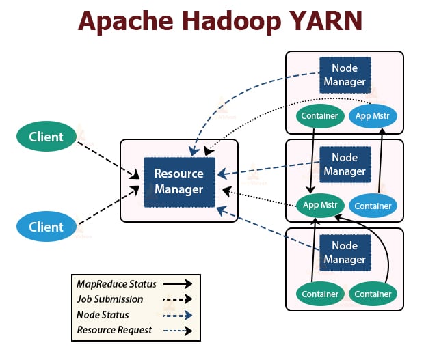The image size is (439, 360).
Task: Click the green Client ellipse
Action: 46,137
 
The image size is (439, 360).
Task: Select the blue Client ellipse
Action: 46,227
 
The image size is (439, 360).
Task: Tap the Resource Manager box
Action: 178,182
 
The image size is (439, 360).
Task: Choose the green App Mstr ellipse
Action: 319,204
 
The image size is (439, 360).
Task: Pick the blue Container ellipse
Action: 373,205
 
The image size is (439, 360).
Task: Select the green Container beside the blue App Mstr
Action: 319,115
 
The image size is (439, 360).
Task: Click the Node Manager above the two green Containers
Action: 344,253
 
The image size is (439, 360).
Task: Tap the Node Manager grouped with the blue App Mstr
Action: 344,75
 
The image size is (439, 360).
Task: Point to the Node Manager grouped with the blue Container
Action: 344,165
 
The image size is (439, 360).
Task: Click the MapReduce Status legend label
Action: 116,283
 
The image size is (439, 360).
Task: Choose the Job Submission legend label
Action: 110,299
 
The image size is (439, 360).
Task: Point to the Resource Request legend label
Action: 114,330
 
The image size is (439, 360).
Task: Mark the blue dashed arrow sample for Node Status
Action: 177,315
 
